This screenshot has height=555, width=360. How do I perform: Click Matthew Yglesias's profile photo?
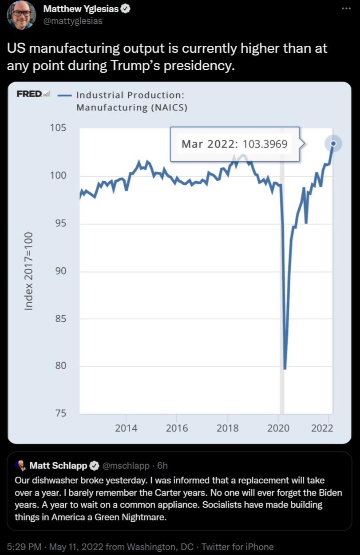tap(21, 15)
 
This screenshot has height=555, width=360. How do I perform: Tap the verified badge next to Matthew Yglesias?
tap(126, 9)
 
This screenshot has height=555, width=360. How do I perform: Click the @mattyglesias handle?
tap(73, 21)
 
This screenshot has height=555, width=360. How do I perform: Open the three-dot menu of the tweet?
tap(346, 9)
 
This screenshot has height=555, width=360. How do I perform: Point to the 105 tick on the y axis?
tap(58, 128)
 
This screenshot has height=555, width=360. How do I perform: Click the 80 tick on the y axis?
tap(60, 366)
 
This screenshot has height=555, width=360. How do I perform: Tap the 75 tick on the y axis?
tap(60, 413)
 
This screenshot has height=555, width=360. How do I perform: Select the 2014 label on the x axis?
tap(126, 428)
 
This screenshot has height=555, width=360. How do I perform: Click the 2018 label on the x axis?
tap(227, 428)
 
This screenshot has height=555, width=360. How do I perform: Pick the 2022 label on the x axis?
tap(322, 428)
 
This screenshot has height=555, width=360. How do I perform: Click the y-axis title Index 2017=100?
tap(28, 271)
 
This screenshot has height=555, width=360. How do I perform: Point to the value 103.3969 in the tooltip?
tap(265, 144)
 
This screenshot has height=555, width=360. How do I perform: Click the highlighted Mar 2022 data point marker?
tap(333, 143)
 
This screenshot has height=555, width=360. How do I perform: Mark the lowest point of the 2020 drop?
tap(285, 368)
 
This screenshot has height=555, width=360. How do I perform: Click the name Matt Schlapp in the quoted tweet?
tap(58, 466)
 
